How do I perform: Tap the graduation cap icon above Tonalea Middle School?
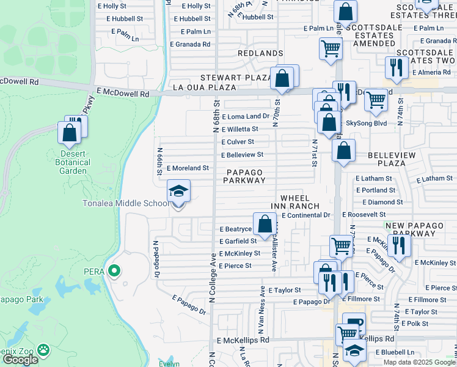click(178, 192)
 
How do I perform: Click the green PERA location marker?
click(113, 270)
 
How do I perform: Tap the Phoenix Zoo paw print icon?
click(43, 350)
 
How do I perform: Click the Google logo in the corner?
click(20, 360)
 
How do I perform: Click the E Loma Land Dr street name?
click(246, 116)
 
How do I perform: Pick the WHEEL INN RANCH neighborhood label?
click(299, 202)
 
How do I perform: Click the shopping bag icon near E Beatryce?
click(265, 224)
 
